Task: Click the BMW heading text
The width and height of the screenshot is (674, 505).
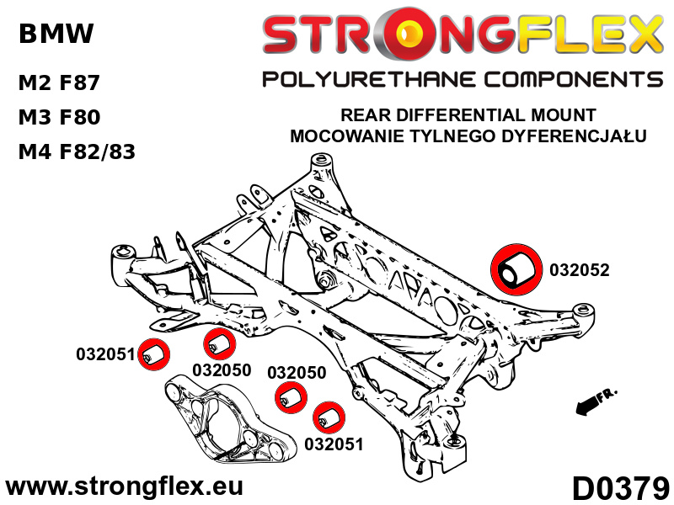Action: tap(56, 34)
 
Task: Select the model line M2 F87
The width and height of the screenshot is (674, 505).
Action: tap(59, 82)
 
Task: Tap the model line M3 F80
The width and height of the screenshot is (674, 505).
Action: tap(59, 117)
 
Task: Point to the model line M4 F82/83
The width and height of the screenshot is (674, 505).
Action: tap(77, 151)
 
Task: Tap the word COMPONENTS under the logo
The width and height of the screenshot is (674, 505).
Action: tap(574, 80)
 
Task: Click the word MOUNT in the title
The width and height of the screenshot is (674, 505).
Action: tap(564, 115)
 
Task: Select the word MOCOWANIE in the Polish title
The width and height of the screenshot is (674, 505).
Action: tap(348, 136)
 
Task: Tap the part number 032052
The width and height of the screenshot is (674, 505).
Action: tap(580, 270)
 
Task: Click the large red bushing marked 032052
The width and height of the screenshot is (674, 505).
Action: tap(516, 269)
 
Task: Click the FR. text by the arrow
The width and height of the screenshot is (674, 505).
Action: tap(607, 394)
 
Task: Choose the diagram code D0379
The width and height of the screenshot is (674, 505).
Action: tap(621, 488)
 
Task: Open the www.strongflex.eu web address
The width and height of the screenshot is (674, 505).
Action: tap(125, 487)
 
